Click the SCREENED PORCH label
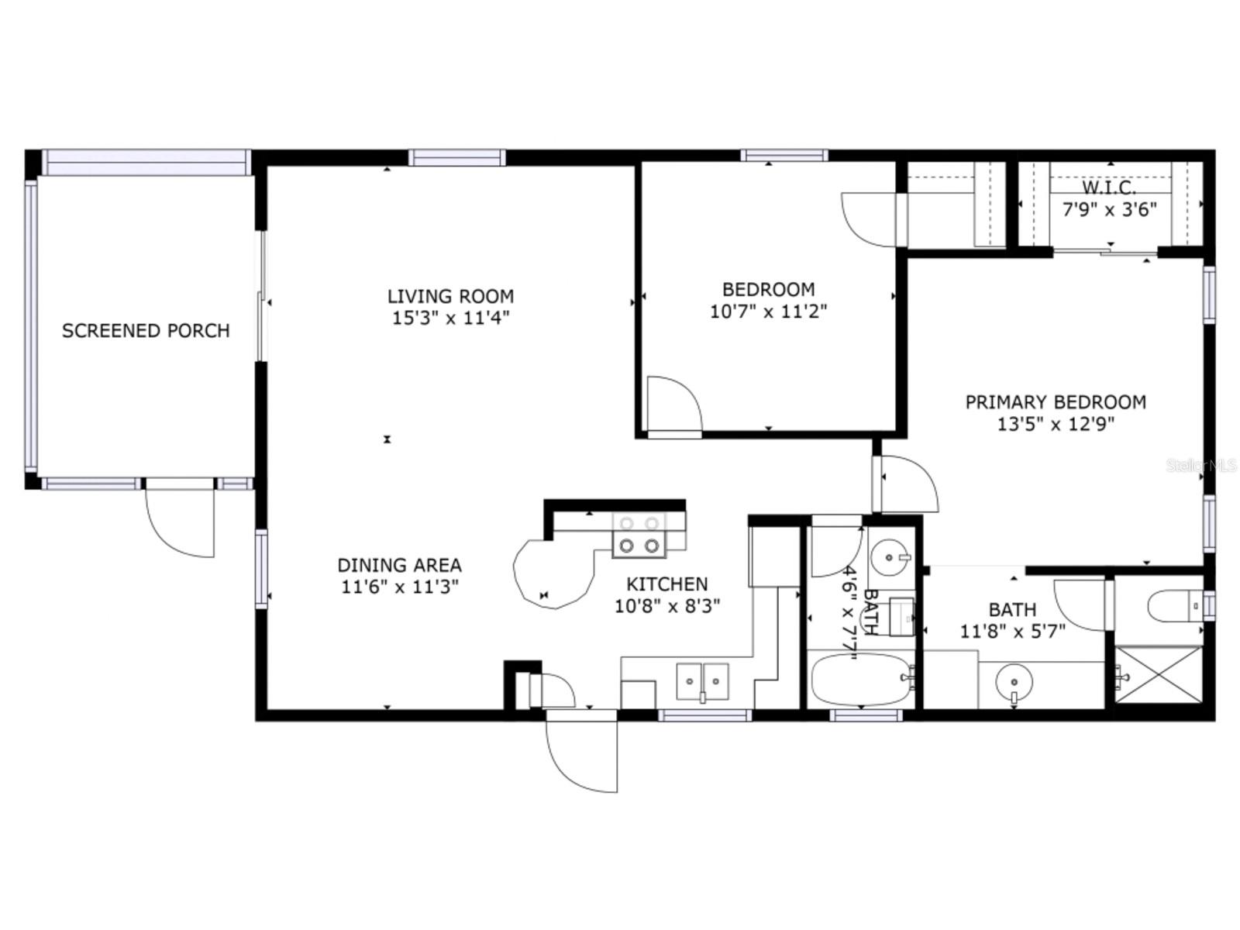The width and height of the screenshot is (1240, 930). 146,331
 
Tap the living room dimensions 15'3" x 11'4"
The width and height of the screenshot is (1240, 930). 450,318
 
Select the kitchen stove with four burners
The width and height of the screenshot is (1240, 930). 639,535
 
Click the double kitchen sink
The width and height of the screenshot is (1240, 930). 702,681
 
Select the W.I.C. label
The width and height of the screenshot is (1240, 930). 1109,188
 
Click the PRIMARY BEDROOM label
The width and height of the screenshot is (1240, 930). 1055,402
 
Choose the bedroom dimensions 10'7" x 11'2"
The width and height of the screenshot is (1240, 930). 768,312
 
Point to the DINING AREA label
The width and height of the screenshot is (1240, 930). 399,565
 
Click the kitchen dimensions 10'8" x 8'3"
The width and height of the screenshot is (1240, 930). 667,606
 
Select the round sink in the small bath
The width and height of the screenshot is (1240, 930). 888,556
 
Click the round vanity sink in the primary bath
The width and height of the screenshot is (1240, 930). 1013,683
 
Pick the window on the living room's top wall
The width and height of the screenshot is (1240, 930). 457,157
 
